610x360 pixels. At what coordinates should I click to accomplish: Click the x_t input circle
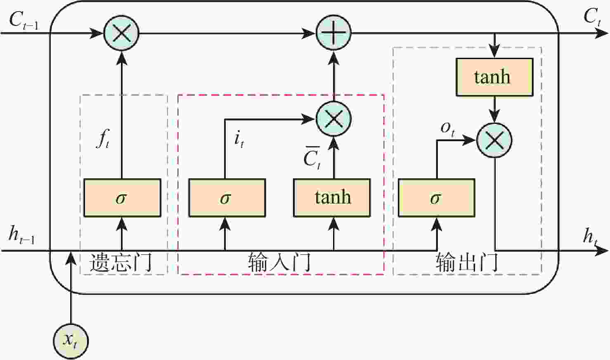pyautogui.click(x=71, y=341)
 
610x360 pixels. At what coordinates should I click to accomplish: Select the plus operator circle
pyautogui.click(x=333, y=33)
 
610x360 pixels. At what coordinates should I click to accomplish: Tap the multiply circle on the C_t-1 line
pyautogui.click(x=121, y=33)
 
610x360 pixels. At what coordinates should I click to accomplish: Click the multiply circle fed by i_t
pyautogui.click(x=333, y=119)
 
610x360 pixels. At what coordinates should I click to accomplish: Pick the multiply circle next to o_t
pyautogui.click(x=494, y=140)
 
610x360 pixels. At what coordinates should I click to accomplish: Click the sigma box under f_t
pyautogui.click(x=122, y=198)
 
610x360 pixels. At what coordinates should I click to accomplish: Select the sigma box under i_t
pyautogui.click(x=227, y=198)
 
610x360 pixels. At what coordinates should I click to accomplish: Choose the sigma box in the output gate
pyautogui.click(x=436, y=198)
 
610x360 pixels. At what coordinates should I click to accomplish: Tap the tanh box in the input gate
pyautogui.click(x=332, y=198)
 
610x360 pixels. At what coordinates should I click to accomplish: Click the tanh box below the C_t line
pyautogui.click(x=494, y=77)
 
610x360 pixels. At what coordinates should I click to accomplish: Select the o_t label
pyautogui.click(x=447, y=128)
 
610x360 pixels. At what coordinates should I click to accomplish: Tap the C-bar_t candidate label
pyautogui.click(x=312, y=158)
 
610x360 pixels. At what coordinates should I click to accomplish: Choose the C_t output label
pyautogui.click(x=592, y=17)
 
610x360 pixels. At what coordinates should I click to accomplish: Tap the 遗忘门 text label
pyautogui.click(x=121, y=263)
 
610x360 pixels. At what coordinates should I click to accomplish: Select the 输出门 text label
pyautogui.click(x=467, y=263)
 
